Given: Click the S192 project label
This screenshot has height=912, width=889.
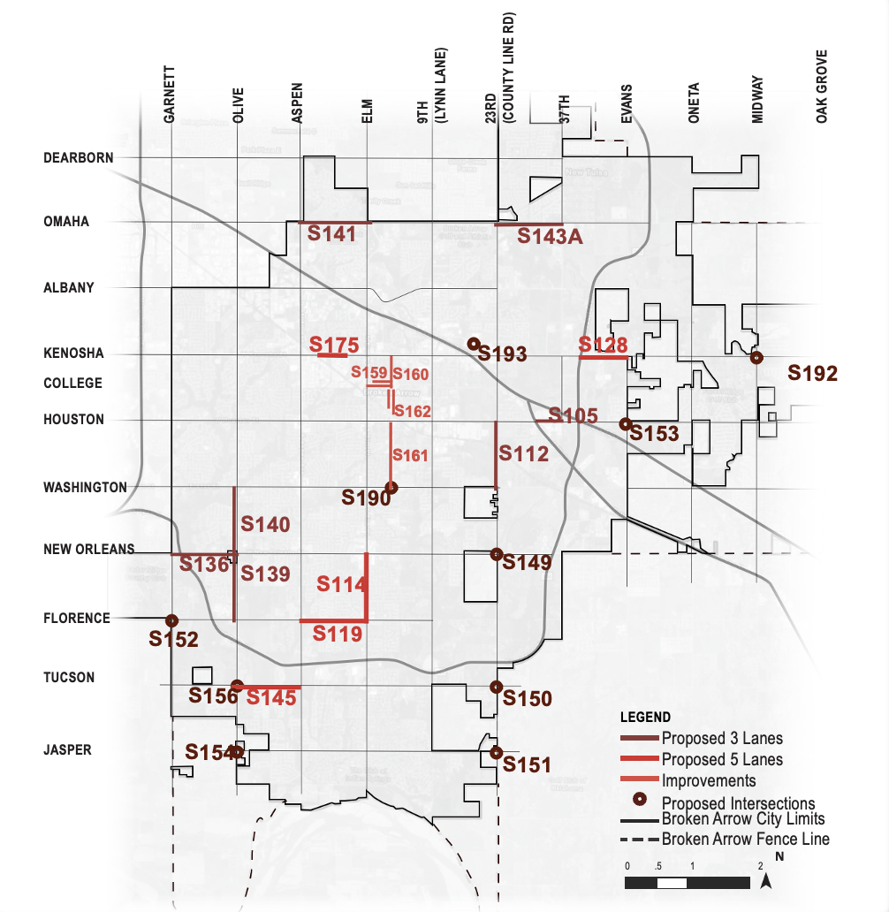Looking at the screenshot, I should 812,373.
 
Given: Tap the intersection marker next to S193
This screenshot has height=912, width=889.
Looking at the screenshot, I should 474,344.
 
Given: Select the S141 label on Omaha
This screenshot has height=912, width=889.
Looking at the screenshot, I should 331,234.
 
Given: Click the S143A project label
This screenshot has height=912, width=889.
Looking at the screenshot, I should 550,236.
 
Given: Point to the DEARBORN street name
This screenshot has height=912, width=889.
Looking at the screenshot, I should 79,157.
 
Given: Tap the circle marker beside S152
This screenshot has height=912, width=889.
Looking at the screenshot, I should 171,620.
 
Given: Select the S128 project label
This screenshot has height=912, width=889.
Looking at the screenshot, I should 603,345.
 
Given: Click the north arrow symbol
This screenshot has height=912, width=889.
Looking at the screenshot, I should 768,878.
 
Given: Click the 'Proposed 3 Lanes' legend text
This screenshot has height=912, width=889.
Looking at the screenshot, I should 722,738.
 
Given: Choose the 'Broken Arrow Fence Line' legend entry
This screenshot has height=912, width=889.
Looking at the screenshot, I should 745,839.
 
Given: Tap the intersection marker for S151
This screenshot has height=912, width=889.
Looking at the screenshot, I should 496,753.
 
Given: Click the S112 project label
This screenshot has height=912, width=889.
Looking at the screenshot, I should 524,454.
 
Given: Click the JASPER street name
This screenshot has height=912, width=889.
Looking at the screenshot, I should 68,749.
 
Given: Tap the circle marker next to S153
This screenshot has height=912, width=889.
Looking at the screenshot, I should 625,423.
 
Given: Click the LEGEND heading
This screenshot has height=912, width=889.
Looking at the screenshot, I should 644,717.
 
